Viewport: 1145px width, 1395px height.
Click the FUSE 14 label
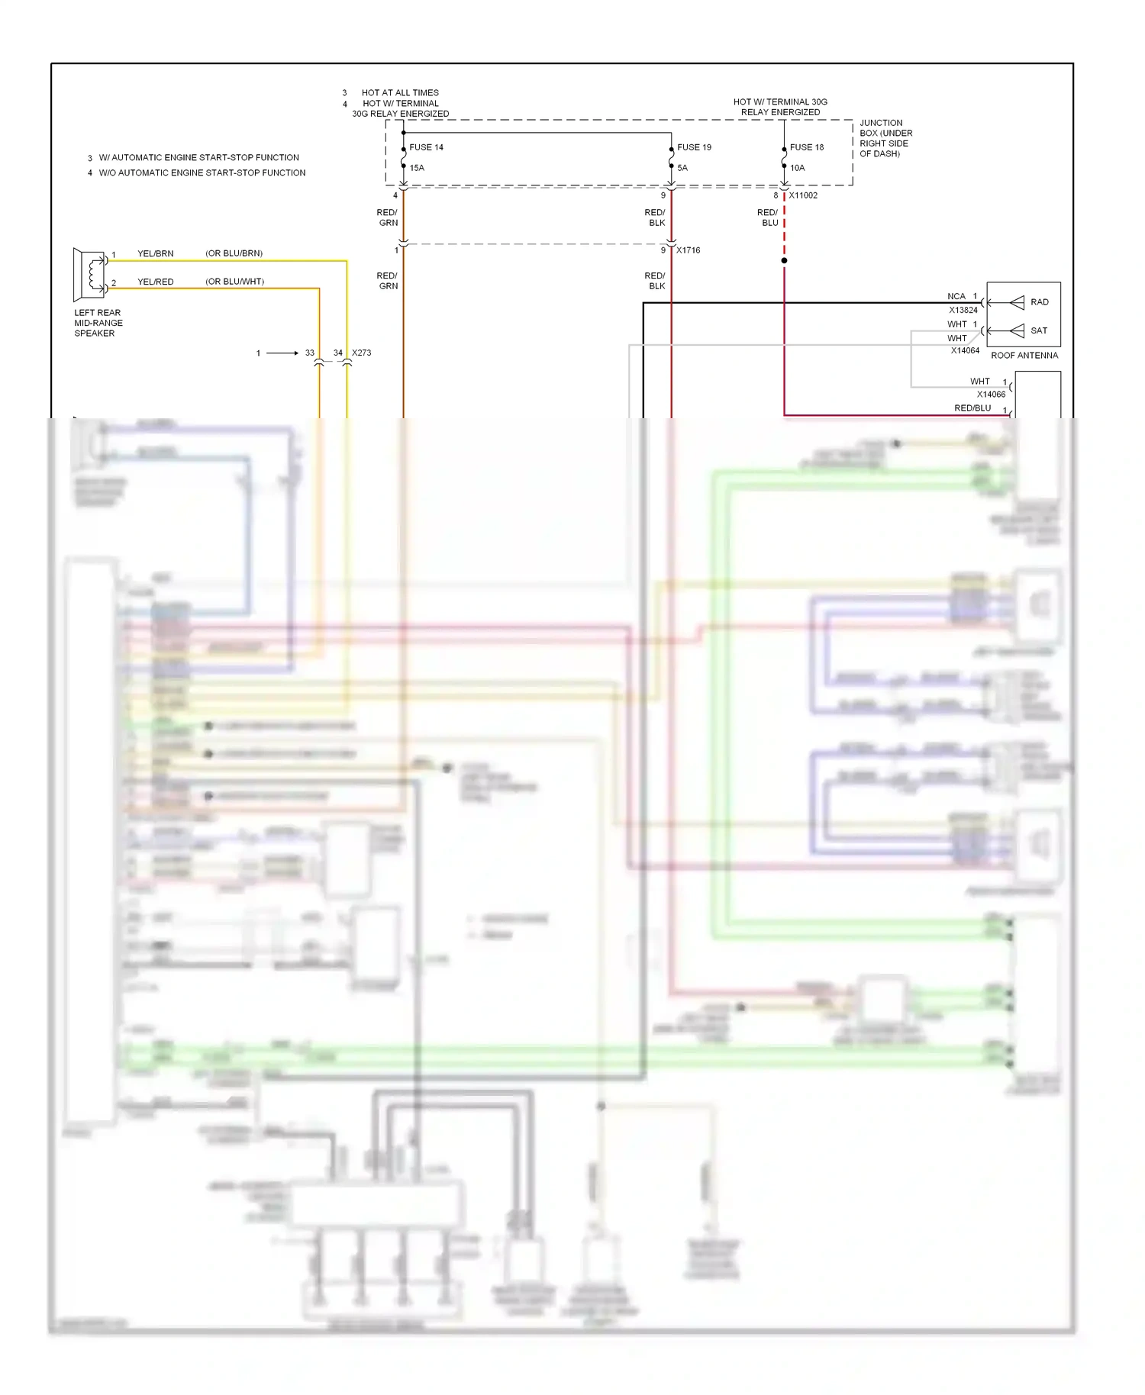426,147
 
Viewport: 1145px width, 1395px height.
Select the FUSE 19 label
694,147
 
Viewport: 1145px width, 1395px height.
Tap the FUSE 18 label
807,147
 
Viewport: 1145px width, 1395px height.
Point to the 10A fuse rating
797,168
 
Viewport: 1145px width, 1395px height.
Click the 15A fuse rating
417,168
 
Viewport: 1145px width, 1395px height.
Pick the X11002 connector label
803,195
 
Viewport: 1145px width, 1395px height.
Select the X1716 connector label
688,250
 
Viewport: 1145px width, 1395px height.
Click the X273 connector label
362,353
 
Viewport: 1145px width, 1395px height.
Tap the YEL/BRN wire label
156,253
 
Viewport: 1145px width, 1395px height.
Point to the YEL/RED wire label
156,282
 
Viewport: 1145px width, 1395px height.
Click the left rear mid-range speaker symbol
89,274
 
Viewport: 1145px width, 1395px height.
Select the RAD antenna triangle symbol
1017,303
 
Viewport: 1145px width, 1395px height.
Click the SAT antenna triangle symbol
1017,330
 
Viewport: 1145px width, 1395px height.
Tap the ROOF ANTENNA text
1024,356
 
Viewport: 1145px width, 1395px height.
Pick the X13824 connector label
963,311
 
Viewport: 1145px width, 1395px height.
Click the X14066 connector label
991,395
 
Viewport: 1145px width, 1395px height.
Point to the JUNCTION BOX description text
885,138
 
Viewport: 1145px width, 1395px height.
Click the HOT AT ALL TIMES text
400,93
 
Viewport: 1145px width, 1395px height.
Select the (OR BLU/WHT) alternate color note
234,282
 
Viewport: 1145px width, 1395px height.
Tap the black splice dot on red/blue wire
784,261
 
